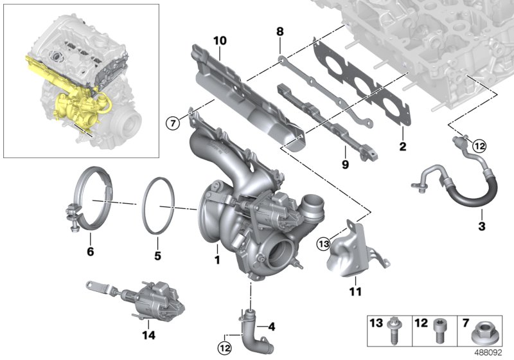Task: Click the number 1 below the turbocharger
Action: coord(217,260)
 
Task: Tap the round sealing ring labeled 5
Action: coord(158,206)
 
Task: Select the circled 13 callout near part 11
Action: coord(323,243)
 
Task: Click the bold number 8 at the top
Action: coord(279,30)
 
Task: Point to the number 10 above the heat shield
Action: coord(220,41)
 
